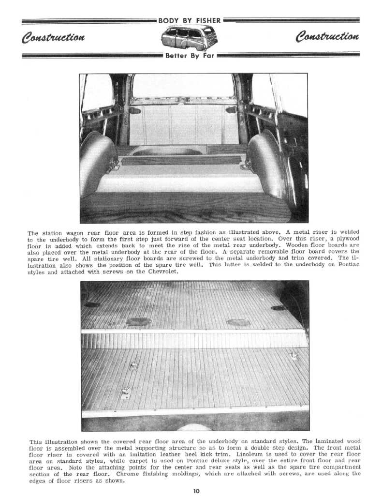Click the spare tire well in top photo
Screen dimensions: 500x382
(167, 151)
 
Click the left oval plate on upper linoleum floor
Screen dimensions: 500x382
(138, 321)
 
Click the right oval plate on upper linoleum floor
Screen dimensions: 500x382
(238, 322)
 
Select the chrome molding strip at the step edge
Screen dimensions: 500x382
(193, 331)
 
